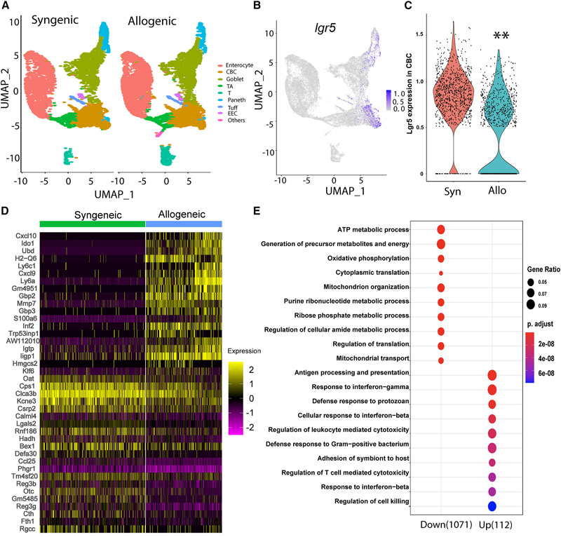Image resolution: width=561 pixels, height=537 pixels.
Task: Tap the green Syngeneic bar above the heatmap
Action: pyautogui.click(x=92, y=223)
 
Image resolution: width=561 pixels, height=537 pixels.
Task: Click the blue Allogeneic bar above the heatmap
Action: pyautogui.click(x=184, y=223)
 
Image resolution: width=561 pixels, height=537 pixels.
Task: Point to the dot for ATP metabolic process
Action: pyautogui.click(x=441, y=230)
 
